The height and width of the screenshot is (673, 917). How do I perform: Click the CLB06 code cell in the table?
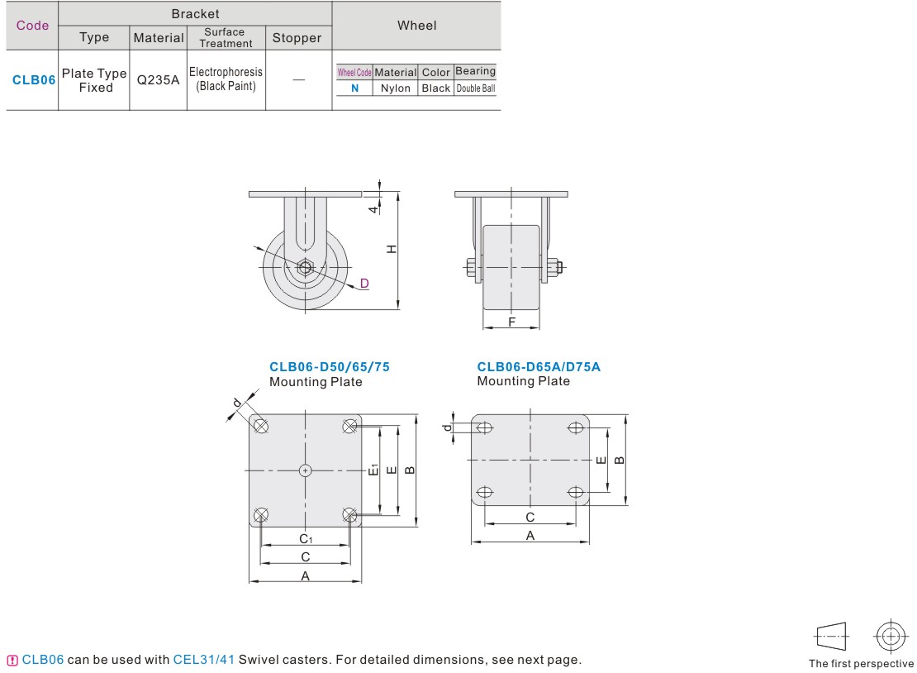33,80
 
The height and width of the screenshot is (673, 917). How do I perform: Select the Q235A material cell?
158,80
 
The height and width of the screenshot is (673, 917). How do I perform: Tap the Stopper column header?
297,38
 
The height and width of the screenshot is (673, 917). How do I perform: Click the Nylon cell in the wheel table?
396,88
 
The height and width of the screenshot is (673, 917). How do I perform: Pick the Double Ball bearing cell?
476,88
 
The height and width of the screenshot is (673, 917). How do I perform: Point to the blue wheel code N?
354,88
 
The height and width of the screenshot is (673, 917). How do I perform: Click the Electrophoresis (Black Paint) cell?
226,79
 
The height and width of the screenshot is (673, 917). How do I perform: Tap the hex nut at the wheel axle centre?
305,268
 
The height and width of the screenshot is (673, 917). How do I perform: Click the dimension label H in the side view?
392,250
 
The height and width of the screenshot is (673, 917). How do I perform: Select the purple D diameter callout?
364,284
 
